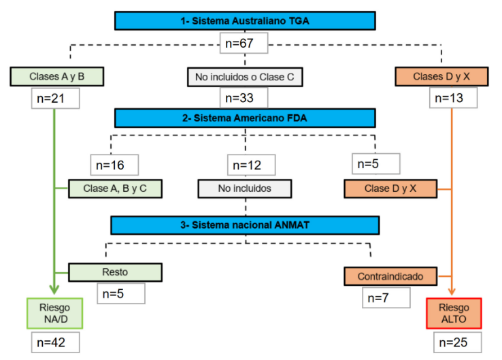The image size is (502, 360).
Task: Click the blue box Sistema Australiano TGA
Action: (x=244, y=21)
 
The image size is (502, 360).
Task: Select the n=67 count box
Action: (x=244, y=45)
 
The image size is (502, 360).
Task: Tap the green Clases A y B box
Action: (x=56, y=77)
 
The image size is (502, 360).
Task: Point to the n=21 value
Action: (x=56, y=99)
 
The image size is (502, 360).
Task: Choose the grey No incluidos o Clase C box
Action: (x=244, y=77)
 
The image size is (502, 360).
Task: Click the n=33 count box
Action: (x=244, y=99)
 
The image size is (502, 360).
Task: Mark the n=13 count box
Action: (x=453, y=99)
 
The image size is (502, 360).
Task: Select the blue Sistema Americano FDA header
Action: (x=244, y=118)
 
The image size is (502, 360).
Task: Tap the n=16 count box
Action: (x=114, y=165)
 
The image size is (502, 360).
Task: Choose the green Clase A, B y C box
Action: (x=115, y=188)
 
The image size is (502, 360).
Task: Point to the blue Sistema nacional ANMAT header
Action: (x=244, y=225)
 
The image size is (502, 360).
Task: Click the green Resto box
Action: (x=115, y=272)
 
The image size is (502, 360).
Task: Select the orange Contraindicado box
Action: (x=390, y=277)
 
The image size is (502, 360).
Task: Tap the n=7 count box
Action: (x=386, y=298)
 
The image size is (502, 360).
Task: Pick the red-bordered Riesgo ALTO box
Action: (x=453, y=314)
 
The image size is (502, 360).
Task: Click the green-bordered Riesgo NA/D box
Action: (x=54, y=314)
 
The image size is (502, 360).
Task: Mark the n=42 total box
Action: (x=54, y=342)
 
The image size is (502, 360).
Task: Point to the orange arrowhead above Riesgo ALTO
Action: (x=453, y=291)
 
